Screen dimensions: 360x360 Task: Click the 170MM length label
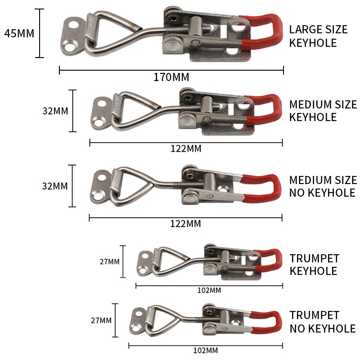pyautogui.click(x=171, y=77)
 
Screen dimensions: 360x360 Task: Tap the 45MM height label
pyautogui.click(x=19, y=33)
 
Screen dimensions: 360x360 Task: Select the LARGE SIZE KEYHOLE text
pyautogui.click(x=318, y=36)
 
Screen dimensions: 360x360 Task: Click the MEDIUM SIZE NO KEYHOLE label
pyautogui.click(x=323, y=186)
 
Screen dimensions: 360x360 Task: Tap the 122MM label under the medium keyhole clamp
pyautogui.click(x=186, y=149)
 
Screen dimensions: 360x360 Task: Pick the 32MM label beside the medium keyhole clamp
pyautogui.click(x=55, y=111)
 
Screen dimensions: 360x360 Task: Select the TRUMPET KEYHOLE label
pyautogui.click(x=314, y=265)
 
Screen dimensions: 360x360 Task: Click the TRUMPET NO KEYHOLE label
pyautogui.click(x=322, y=322)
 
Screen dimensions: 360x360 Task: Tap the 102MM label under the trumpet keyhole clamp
pyautogui.click(x=209, y=290)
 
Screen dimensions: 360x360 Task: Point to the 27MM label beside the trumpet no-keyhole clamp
pyautogui.click(x=101, y=320)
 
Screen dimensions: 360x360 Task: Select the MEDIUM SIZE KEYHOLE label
pyautogui.click(x=323, y=111)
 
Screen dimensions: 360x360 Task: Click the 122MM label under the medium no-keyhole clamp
pyautogui.click(x=186, y=224)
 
